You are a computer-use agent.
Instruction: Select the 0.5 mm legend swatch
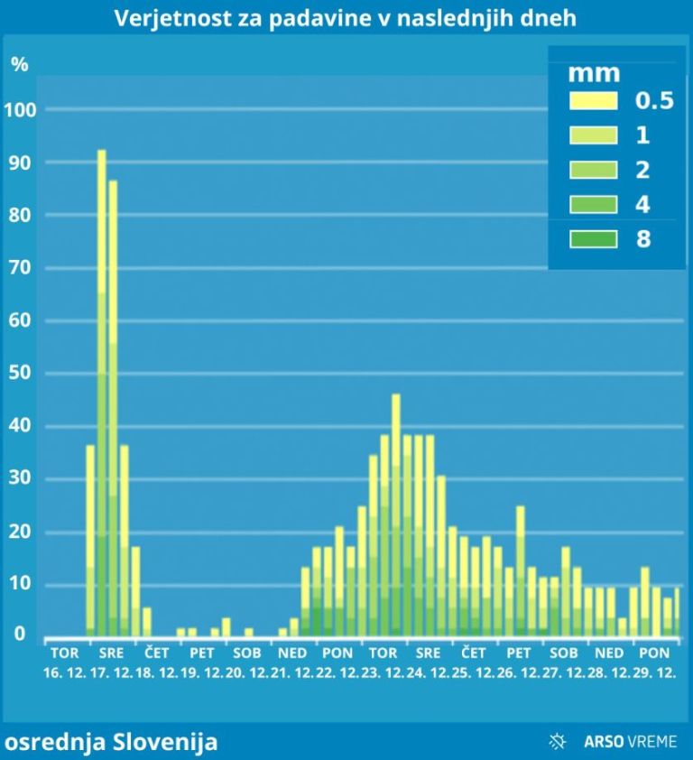[593, 101]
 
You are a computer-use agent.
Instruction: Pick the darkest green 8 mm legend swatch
[593, 239]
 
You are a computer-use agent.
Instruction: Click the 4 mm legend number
[642, 205]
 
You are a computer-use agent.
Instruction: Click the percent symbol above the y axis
[19, 65]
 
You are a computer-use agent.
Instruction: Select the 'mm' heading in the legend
[593, 73]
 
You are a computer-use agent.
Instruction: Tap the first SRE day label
[111, 653]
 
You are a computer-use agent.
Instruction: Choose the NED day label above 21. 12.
[292, 653]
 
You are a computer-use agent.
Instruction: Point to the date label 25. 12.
[473, 672]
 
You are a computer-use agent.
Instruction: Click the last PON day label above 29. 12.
[653, 653]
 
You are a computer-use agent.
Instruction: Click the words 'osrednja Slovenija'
[111, 742]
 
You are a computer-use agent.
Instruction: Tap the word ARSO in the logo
[601, 742]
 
